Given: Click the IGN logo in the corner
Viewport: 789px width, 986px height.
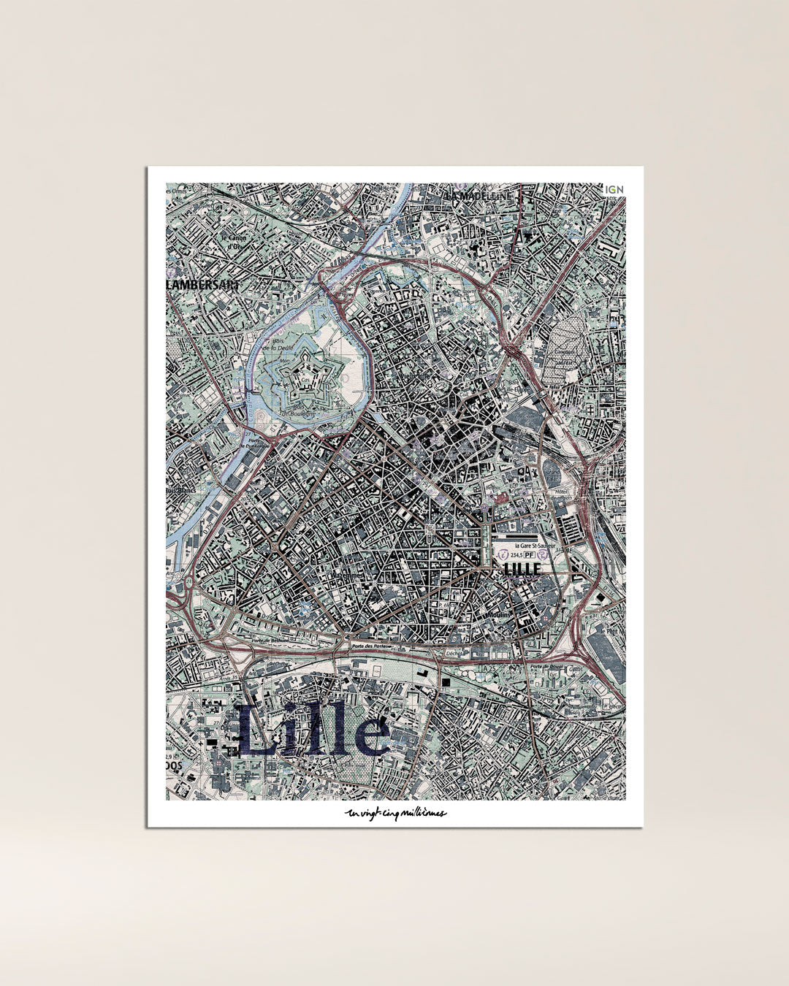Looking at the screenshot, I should click(614, 189).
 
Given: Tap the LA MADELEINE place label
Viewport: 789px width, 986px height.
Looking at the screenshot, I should click(479, 196).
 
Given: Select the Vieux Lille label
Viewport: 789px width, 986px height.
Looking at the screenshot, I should click(414, 375).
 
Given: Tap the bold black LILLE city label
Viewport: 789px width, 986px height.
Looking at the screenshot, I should click(522, 568).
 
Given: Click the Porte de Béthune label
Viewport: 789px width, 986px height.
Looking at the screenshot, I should click(268, 641).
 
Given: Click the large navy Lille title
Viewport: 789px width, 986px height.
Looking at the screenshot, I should click(312, 730).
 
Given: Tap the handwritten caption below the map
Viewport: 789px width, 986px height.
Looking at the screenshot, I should click(395, 814).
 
